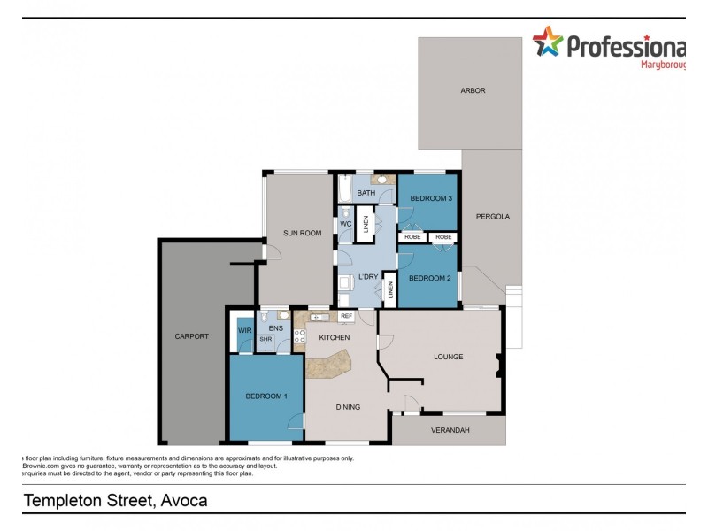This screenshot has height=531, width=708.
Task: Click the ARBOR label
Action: [473, 90]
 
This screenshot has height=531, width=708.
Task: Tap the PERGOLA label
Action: [493, 216]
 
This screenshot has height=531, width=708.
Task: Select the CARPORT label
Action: [192, 336]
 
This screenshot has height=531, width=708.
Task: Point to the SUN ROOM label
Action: [302, 233]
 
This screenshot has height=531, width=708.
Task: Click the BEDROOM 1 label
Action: [266, 396]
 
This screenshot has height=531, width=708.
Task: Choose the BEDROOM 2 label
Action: [429, 278]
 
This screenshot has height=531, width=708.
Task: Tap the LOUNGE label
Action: [448, 357]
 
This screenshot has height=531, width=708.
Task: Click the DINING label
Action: [347, 407]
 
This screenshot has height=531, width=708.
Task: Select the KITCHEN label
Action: [335, 337]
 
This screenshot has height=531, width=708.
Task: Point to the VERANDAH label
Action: [450, 431]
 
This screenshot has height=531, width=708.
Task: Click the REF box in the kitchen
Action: [346, 316]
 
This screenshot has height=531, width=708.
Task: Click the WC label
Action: [346, 224]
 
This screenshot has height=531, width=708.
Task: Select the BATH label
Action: [366, 193]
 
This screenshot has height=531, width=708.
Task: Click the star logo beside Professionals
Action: [547, 42]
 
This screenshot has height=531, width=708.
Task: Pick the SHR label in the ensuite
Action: [265, 339]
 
